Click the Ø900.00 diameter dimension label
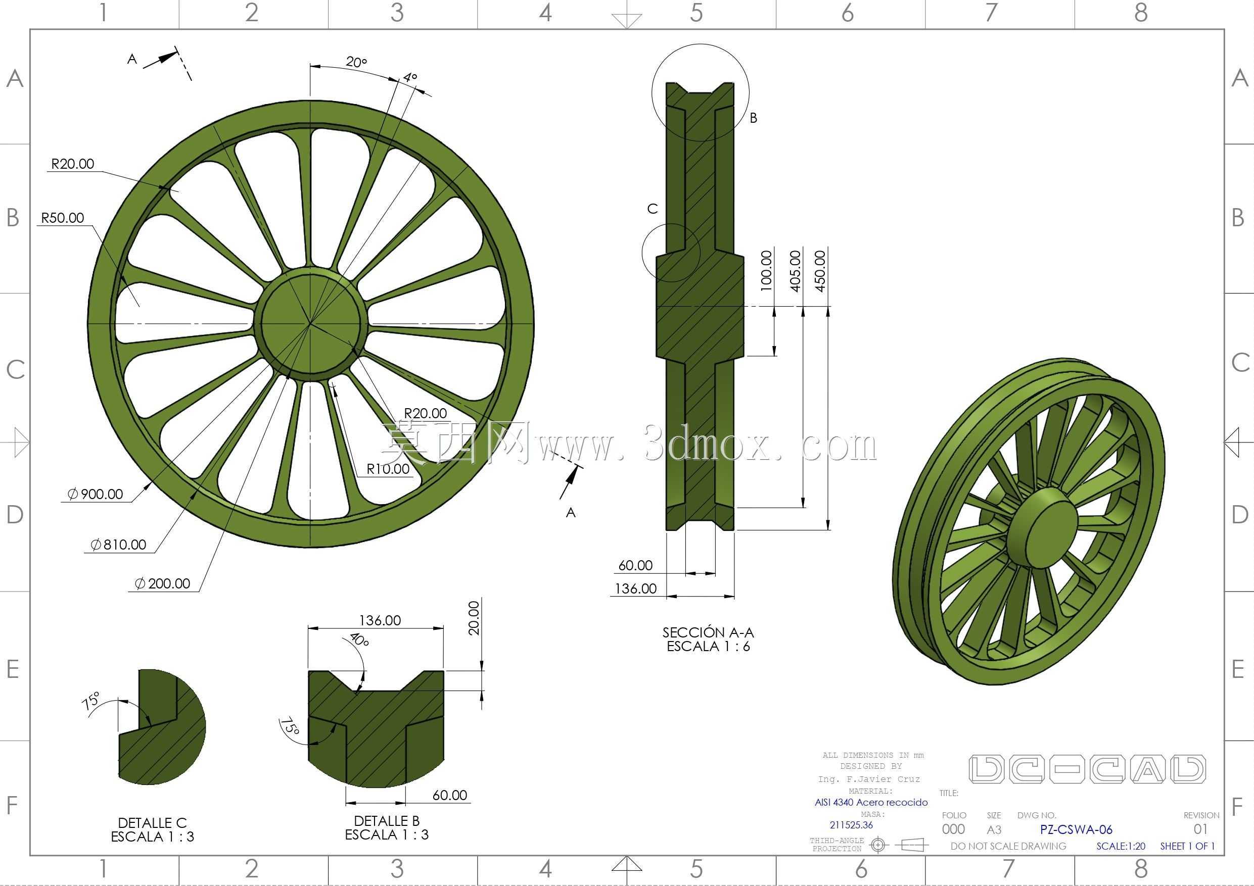pyautogui.click(x=95, y=494)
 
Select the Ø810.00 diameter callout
pyautogui.click(x=118, y=544)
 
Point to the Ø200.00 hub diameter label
pyautogui.click(x=163, y=583)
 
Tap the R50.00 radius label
pyautogui.click(x=63, y=218)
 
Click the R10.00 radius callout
pyautogui.click(x=388, y=469)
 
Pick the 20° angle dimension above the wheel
pyautogui.click(x=356, y=62)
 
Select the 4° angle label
pyautogui.click(x=410, y=77)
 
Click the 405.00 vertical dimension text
pyautogui.click(x=795, y=271)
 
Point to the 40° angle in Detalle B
pyautogui.click(x=359, y=639)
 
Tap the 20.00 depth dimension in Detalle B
pyautogui.click(x=474, y=618)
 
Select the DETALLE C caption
pyautogui.click(x=152, y=823)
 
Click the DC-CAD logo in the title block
pyautogui.click(x=1087, y=770)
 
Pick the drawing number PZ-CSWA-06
pyautogui.click(x=1076, y=830)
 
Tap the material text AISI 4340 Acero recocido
pyautogui.click(x=871, y=803)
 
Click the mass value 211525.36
pyautogui.click(x=851, y=825)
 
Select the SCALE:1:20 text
pyautogui.click(x=1121, y=846)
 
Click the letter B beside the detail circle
pyautogui.click(x=753, y=118)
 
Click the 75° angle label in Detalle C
pyautogui.click(x=91, y=701)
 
